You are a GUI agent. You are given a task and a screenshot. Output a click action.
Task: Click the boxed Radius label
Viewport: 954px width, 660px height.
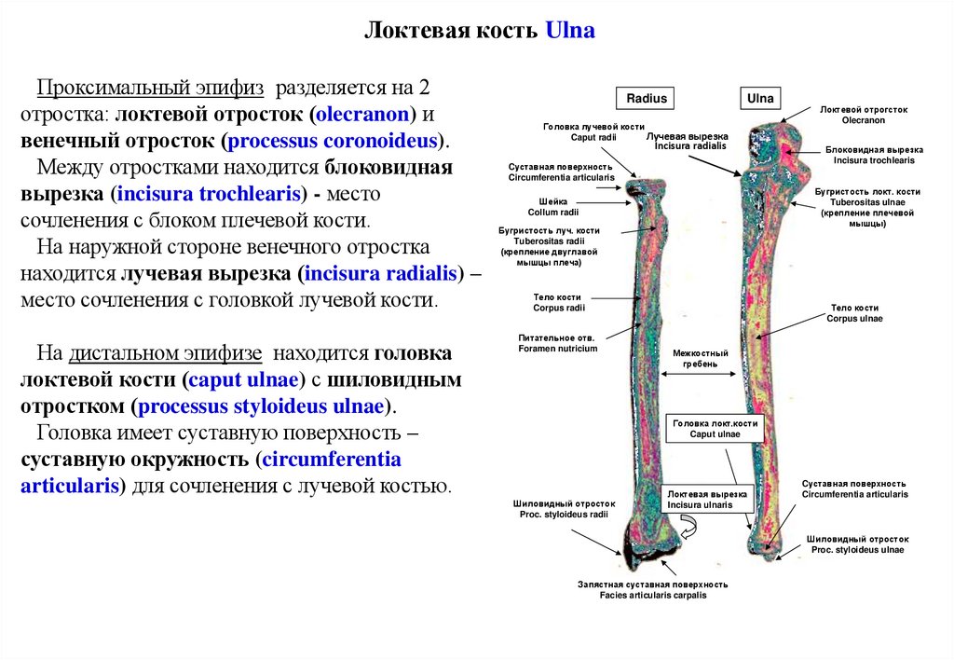click(x=647, y=98)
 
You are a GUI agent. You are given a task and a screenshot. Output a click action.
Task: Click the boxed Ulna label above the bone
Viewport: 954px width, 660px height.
click(x=760, y=98)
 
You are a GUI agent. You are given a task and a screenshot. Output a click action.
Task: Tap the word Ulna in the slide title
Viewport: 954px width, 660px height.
click(x=569, y=32)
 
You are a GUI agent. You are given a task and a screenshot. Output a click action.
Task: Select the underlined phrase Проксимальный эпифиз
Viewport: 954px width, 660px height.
click(x=151, y=89)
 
